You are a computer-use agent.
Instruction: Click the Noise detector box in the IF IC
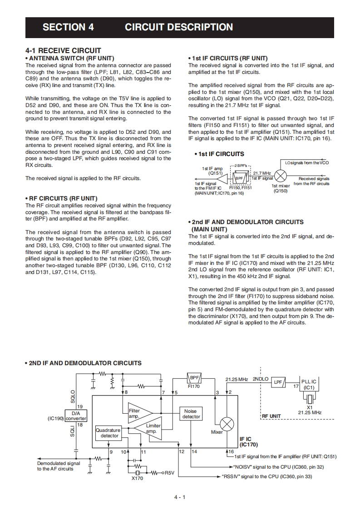click(191, 413)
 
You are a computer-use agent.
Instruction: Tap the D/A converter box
click(76, 416)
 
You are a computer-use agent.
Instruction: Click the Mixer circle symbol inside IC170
click(227, 424)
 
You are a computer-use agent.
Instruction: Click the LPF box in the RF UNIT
click(278, 382)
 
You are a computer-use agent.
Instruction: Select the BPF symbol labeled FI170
click(194, 378)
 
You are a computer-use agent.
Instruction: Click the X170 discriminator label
click(137, 478)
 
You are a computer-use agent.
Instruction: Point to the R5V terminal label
click(169, 473)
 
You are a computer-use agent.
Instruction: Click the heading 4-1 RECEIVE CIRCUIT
click(63, 50)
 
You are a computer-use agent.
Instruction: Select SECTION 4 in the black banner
click(68, 27)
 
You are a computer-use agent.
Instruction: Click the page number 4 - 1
click(180, 497)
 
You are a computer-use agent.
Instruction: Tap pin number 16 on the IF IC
click(231, 452)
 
